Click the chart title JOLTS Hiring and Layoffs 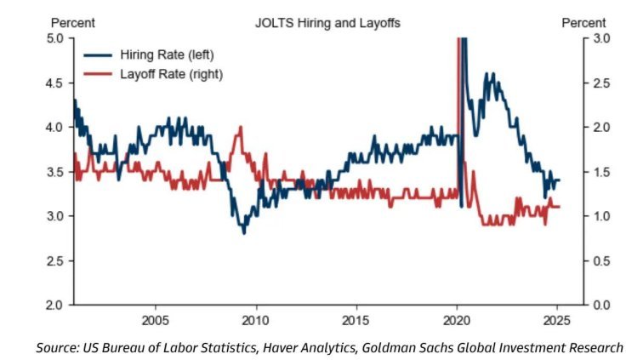(x=327, y=23)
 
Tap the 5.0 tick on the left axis (x=55, y=39)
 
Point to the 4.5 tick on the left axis (x=55, y=83)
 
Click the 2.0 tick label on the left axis (x=55, y=305)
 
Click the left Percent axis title (x=73, y=23)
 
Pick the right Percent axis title (x=584, y=23)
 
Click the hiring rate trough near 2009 (x=244, y=231)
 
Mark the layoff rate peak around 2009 (x=240, y=128)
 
